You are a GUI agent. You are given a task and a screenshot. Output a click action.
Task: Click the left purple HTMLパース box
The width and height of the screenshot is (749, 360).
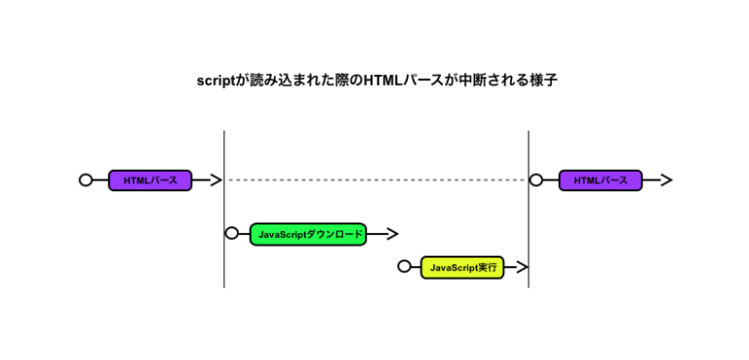click(x=150, y=180)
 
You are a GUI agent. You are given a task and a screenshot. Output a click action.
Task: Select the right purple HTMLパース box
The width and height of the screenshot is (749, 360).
click(x=601, y=180)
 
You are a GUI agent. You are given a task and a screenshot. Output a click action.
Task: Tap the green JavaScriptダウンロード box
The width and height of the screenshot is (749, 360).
click(x=308, y=234)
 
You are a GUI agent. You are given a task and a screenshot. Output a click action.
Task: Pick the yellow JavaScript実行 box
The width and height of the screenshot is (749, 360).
click(x=462, y=267)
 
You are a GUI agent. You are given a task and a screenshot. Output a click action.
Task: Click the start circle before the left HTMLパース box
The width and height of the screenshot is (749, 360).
click(x=86, y=180)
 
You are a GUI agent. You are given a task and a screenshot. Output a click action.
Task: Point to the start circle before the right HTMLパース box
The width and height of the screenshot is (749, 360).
click(x=536, y=180)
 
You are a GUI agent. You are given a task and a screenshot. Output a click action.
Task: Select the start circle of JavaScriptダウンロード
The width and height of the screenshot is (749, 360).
click(x=232, y=233)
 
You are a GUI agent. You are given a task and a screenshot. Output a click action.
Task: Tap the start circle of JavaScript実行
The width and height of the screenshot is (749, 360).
click(x=404, y=266)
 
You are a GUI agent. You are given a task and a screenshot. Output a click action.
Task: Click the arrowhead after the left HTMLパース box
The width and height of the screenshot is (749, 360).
click(x=217, y=180)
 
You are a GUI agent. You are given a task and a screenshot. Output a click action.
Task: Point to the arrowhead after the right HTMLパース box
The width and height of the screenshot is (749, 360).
click(x=666, y=180)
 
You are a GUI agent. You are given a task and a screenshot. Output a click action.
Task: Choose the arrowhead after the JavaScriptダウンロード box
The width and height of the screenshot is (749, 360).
click(x=392, y=234)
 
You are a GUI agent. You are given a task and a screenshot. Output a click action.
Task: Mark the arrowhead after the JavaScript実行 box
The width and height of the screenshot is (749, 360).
click(x=522, y=267)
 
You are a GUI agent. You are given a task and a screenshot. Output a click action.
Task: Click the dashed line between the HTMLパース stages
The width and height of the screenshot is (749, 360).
click(x=376, y=180)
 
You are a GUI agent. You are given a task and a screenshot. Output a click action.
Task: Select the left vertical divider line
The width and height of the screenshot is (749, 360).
click(x=224, y=209)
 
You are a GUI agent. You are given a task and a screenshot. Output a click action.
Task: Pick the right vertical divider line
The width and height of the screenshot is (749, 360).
click(x=529, y=209)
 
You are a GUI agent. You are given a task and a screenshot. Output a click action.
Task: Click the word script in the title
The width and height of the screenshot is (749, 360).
click(x=217, y=81)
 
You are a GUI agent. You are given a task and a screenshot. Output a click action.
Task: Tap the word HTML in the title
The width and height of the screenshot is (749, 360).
click(x=382, y=80)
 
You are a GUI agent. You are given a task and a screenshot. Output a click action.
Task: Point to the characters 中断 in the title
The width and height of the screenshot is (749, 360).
click(x=470, y=80)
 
